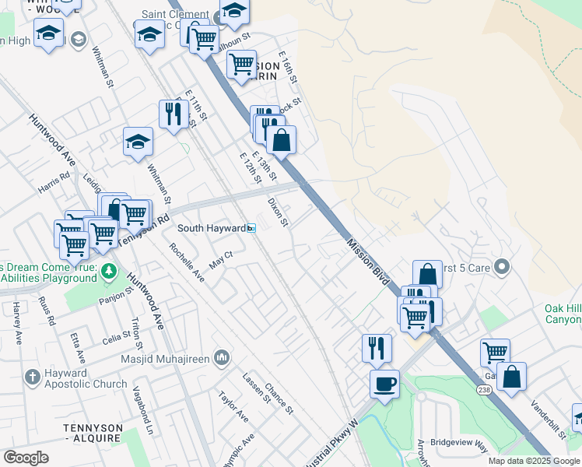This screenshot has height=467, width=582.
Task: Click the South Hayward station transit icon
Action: point(251,228)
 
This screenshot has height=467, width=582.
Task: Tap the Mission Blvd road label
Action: point(367,262)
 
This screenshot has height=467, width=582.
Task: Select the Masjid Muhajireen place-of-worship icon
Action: point(222,357)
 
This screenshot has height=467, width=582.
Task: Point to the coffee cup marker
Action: point(384,383)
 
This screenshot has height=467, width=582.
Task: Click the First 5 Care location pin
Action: point(502,268)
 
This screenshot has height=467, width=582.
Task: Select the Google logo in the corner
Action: point(26,458)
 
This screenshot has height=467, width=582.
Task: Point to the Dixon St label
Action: point(278,212)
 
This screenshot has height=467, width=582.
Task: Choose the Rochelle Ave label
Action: point(187,263)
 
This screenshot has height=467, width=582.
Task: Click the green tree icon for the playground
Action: point(109,271)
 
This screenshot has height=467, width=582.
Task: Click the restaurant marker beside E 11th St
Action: point(171,114)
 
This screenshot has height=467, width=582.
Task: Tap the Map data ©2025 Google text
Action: point(533,461)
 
